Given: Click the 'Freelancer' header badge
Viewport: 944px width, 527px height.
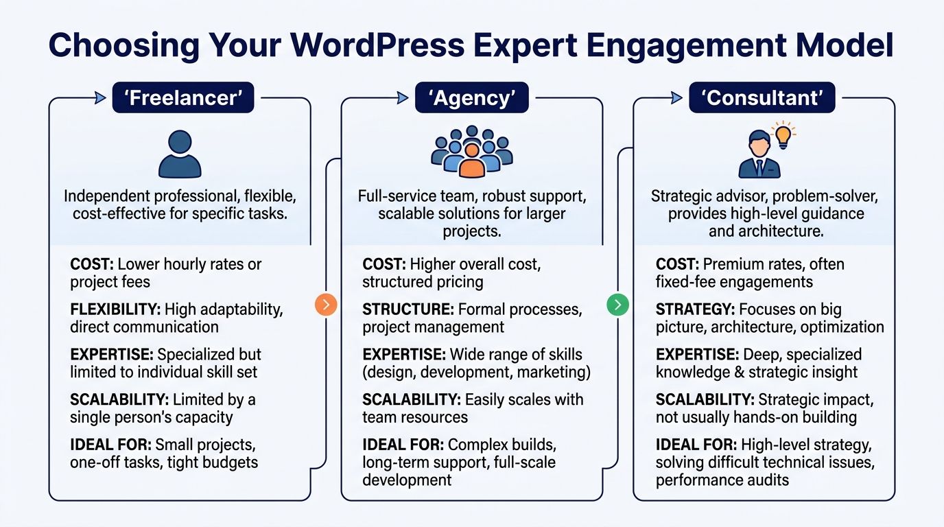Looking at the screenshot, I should coord(183,98).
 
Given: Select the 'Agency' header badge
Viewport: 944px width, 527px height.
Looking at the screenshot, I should coord(471,98).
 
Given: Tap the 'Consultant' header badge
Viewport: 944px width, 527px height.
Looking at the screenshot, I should coord(762,98).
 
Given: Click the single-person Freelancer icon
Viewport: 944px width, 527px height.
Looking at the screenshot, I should coord(180,154).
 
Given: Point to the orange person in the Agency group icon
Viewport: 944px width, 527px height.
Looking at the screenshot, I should coord(471,161).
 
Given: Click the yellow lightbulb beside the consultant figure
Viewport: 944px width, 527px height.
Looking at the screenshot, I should coord(782,135).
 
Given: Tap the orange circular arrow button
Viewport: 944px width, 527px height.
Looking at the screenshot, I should coord(326,304).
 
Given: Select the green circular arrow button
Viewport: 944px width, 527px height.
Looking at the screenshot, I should coord(618,304).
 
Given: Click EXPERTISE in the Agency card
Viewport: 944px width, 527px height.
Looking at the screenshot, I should coord(404,355).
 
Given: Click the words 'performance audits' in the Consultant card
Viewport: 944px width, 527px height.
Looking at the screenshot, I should coord(722,480).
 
